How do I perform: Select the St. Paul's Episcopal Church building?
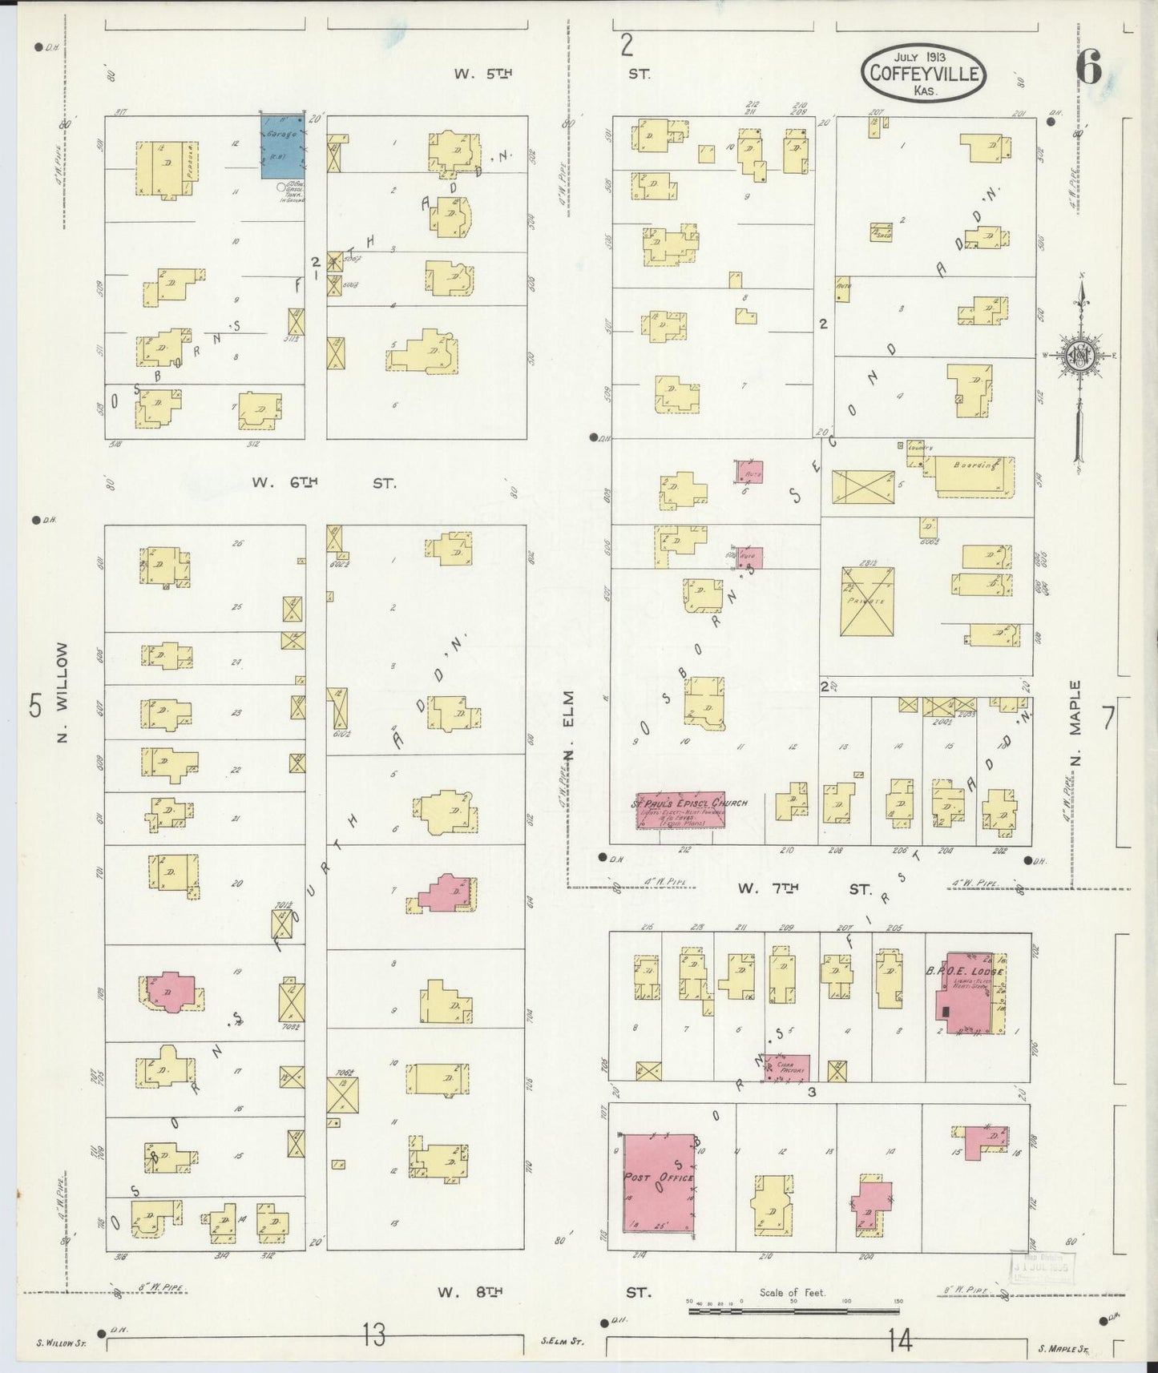[680, 810]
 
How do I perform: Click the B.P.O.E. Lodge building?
[970, 993]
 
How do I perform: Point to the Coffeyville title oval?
[923, 73]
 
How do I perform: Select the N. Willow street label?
[63, 692]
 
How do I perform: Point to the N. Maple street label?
[1075, 723]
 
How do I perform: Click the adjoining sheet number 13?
[373, 1335]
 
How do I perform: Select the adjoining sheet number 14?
[901, 1339]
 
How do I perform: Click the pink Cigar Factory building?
[787, 1068]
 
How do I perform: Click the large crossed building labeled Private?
[867, 602]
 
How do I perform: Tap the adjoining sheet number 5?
[35, 707]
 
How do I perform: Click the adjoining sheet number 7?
[1108, 719]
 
